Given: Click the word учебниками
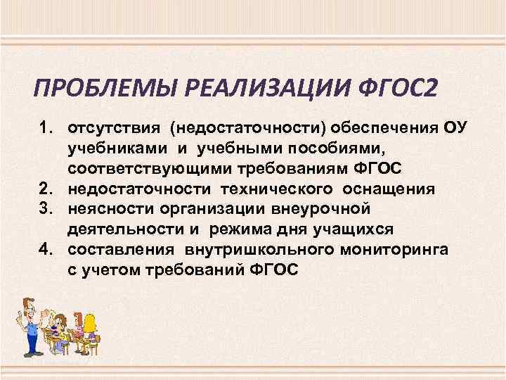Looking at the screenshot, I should click(x=115, y=148).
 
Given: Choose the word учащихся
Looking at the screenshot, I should click(x=357, y=229).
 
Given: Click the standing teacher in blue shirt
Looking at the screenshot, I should click(x=27, y=323).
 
